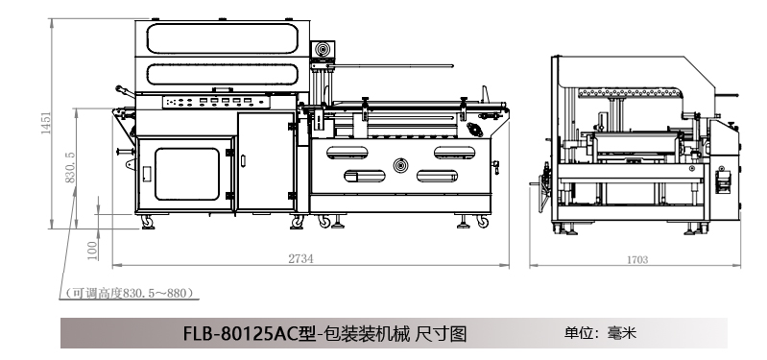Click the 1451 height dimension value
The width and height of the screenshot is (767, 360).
tap(46, 123)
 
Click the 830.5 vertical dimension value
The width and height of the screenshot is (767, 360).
tap(70, 167)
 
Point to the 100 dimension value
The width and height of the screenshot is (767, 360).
tap(92, 250)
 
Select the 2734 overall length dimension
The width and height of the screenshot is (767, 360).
tap(300, 259)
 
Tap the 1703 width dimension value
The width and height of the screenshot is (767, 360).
tap(637, 260)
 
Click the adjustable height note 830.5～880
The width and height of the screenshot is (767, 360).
tap(130, 293)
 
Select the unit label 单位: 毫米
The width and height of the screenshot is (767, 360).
tap(600, 333)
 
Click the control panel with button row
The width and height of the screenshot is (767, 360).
tap(216, 102)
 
